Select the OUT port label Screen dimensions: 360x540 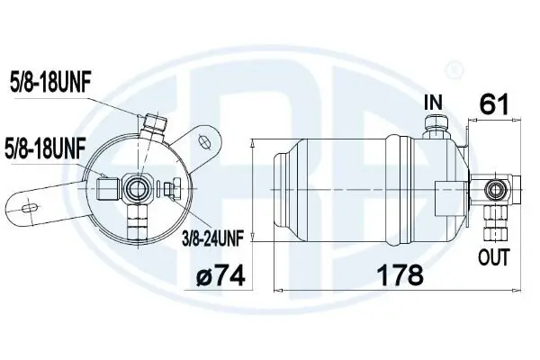(494, 258)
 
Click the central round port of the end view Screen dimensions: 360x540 (139, 187)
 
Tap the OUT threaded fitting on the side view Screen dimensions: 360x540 (493, 218)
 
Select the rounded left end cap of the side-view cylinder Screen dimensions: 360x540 (281, 188)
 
